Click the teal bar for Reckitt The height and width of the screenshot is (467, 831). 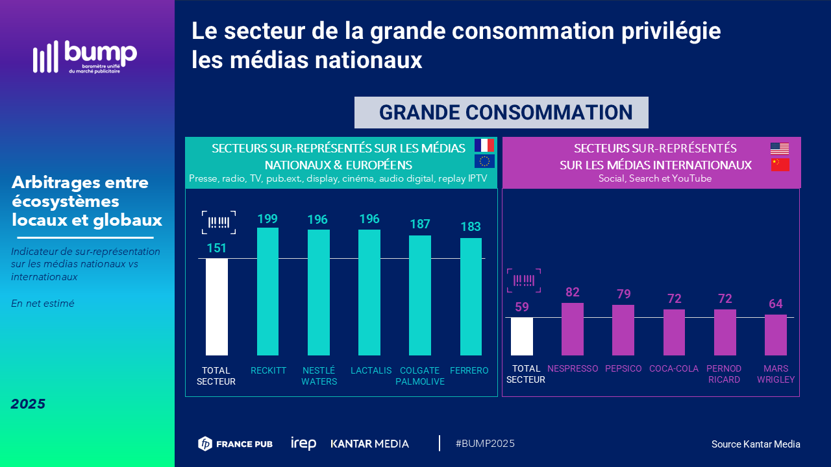pos(267,291)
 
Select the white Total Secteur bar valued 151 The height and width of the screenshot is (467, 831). pos(217,306)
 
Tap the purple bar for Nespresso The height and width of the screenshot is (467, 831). pos(572,329)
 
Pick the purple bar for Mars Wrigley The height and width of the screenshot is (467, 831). pos(775,335)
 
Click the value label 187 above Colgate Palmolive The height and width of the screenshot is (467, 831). pos(420,224)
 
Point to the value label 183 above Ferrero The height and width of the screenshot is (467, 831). pos(471,227)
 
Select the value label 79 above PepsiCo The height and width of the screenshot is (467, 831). pos(623,294)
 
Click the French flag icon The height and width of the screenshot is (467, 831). pos(484,145)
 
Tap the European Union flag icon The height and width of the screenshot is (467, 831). pos(484,161)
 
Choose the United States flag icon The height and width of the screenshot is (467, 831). pos(780,148)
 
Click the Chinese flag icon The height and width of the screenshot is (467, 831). pos(780,165)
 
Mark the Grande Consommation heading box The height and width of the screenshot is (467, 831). pos(501,112)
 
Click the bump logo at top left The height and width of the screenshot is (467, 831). pos(85,57)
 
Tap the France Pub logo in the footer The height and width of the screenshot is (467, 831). pos(235,444)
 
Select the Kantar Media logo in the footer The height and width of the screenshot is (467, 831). pos(370,444)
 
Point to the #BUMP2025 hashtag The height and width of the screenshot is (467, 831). pos(485,444)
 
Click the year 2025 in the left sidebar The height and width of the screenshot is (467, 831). pos(28,404)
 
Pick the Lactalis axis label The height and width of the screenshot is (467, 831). pos(371,370)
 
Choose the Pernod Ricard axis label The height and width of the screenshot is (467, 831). pos(724,374)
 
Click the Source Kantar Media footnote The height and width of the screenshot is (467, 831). pos(756,444)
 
